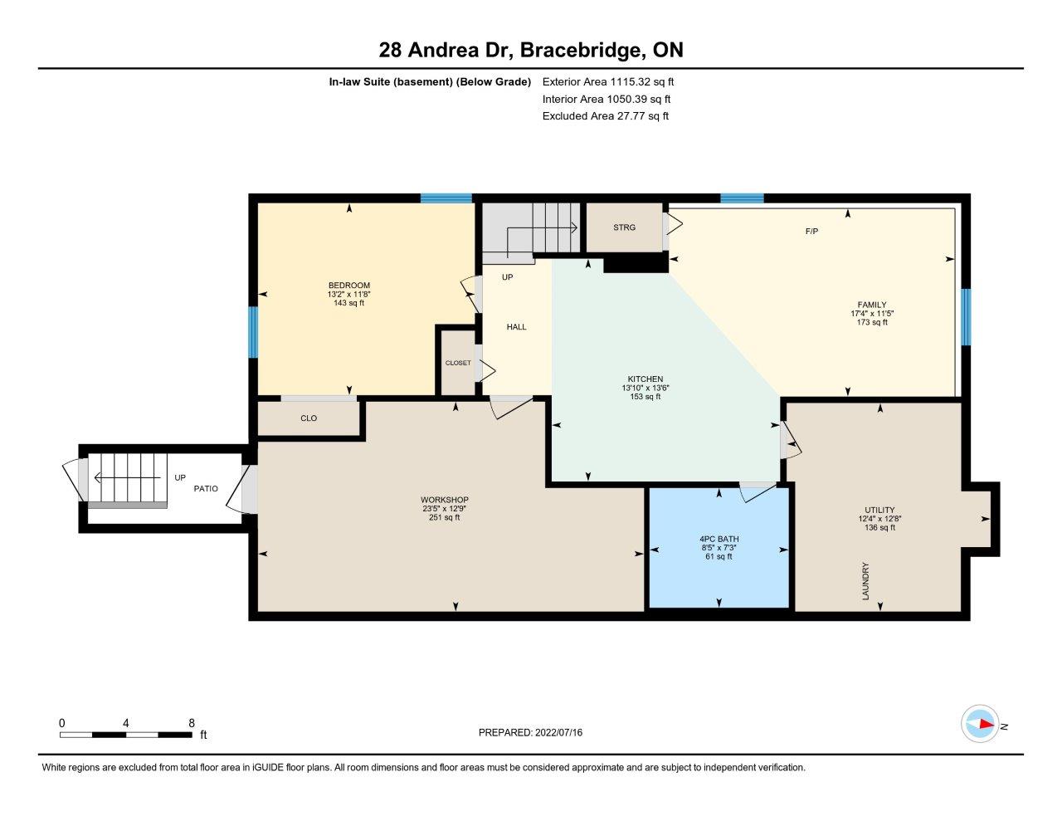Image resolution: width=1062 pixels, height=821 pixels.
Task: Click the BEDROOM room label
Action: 349,285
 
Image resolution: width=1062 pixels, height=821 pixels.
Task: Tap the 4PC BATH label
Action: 719,539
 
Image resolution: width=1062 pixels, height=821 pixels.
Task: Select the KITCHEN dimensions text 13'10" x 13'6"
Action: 645,388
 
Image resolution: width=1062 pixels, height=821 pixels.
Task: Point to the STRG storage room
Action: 624,227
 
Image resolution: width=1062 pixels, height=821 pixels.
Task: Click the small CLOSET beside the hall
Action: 458,363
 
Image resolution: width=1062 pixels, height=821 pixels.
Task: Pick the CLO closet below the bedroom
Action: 309,418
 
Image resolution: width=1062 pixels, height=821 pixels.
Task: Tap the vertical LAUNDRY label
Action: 865,581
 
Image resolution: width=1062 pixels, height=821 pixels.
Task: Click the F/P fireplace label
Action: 811,232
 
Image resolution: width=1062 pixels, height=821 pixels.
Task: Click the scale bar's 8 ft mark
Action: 192,735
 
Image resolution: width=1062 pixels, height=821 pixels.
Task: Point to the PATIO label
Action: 206,488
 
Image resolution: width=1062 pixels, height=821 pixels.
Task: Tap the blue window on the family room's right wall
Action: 966,317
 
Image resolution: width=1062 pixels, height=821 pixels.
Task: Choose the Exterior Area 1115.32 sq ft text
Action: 608,81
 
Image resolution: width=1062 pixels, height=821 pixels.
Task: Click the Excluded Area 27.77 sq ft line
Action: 606,116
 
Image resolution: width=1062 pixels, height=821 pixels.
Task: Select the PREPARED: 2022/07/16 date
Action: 530,732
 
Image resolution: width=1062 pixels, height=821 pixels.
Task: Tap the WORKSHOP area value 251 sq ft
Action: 444,517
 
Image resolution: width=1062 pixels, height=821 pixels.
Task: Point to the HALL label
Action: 517,326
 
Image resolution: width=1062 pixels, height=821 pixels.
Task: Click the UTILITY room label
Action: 879,510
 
